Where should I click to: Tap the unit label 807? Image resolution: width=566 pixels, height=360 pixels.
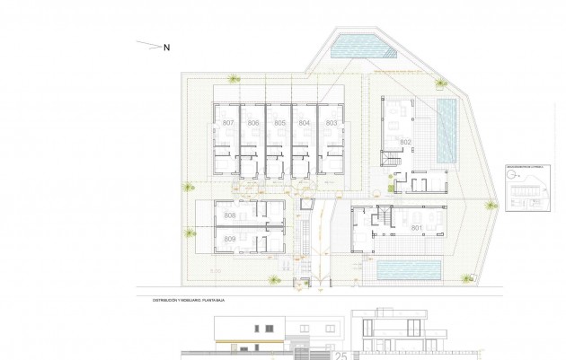228,122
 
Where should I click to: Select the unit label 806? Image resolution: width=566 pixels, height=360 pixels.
253,122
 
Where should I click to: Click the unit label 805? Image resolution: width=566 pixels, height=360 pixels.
279,122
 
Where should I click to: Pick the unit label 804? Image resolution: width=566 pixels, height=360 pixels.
305,122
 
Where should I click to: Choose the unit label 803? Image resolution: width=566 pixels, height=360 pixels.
331,122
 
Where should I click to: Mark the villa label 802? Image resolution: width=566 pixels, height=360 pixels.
405,143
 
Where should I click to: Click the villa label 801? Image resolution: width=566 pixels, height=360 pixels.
416,228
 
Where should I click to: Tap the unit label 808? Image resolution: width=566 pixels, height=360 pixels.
229,216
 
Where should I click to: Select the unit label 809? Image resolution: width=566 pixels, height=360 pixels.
229,239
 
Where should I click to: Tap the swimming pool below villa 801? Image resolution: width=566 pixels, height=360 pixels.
409,268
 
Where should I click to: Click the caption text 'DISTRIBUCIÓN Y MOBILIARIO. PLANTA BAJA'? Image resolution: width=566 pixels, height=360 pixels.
181,301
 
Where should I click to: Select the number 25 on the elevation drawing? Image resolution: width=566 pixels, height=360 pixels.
340,355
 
